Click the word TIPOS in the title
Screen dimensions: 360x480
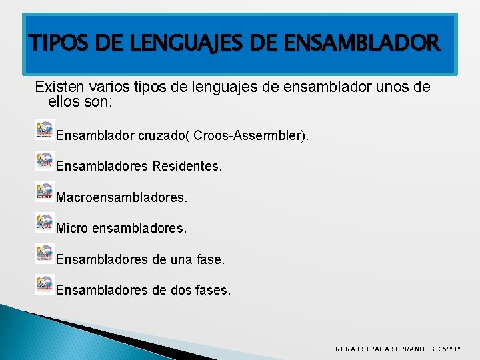(54, 44)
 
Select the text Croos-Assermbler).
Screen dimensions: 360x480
(253, 135)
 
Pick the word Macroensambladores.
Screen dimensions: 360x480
(122, 197)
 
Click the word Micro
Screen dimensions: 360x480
(72, 228)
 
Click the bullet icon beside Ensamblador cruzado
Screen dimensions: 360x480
(44, 129)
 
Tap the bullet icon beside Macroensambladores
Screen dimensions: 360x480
(44, 191)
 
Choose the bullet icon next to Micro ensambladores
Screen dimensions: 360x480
(44, 222)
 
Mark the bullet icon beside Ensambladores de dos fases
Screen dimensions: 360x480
(44, 284)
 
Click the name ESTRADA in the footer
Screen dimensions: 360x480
(373, 349)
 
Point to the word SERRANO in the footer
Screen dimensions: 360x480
(409, 349)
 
